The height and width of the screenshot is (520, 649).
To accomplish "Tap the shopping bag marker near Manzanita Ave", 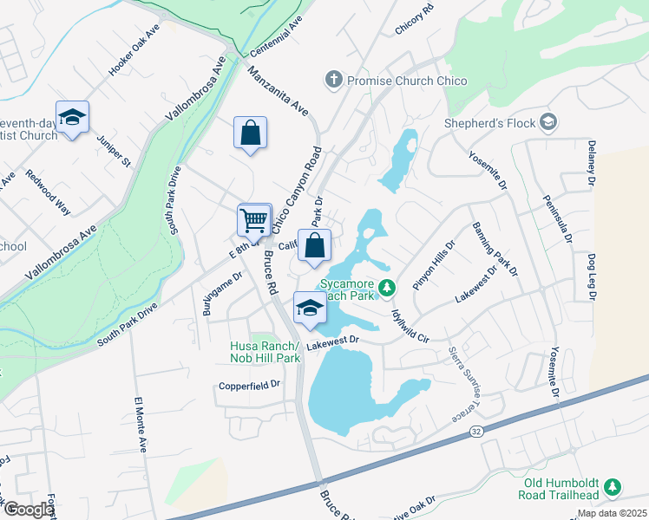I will pyautogui.click(x=250, y=133).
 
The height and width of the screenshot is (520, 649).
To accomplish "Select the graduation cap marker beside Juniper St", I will pyautogui.click(x=73, y=118).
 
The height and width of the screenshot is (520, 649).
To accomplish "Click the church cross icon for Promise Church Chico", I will pyautogui.click(x=333, y=81).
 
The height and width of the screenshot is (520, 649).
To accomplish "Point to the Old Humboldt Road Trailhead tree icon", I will pyautogui.click(x=613, y=488).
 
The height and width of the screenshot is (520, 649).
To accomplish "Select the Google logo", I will pyautogui.click(x=29, y=510).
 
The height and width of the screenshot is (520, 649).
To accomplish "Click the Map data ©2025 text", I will pyautogui.click(x=611, y=513).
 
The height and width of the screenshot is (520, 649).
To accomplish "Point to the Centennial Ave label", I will pyautogui.click(x=277, y=35).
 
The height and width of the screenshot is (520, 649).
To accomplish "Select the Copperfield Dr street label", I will pyautogui.click(x=250, y=384).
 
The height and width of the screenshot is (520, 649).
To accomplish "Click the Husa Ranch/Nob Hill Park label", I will pyautogui.click(x=265, y=351).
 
